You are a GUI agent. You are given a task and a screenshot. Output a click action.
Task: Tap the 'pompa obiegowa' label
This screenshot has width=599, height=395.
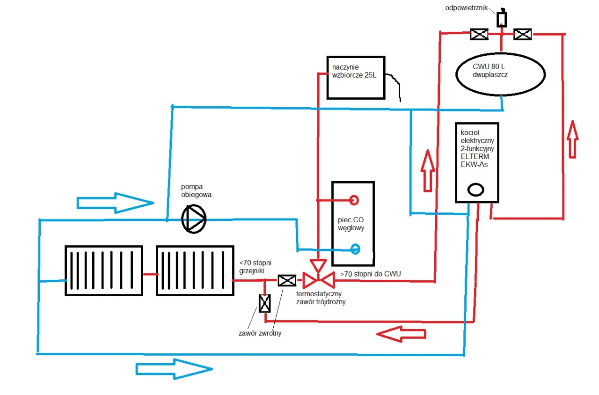197,191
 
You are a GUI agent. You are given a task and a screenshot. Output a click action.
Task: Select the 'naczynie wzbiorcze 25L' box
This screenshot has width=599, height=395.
356,78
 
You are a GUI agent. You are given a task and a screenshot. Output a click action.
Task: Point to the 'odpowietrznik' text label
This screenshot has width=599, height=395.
468,8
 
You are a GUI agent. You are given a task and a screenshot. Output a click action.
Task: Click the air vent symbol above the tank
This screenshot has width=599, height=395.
501,19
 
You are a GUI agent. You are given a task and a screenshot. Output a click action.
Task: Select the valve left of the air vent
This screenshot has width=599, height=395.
479,34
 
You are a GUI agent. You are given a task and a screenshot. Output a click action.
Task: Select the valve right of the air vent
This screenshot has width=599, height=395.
522,34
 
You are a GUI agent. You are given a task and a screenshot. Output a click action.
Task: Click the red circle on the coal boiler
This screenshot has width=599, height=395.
355,200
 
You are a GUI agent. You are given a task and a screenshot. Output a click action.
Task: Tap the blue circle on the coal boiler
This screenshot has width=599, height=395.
355,249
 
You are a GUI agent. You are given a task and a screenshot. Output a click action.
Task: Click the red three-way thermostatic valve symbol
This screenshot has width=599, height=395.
318,279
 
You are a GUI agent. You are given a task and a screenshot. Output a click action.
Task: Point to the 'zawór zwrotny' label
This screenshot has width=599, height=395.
260,333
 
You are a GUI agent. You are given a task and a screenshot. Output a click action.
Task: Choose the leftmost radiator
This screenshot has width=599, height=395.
103,271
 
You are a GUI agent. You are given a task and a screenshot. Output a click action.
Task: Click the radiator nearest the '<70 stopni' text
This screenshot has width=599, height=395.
195,271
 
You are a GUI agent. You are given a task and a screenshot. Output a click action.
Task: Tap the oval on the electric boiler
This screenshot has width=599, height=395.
475,190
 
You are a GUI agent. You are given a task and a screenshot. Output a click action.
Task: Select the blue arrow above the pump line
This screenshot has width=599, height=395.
115,203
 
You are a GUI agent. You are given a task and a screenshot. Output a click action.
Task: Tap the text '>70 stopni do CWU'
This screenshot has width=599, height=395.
370,274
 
